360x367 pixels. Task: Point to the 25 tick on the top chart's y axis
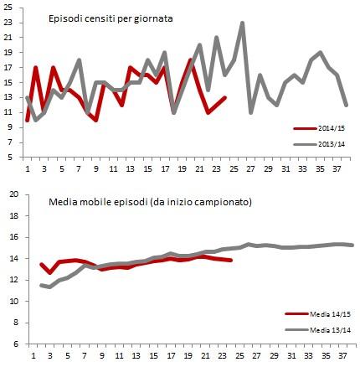(9, 8)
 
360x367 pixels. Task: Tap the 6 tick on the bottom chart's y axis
(12, 344)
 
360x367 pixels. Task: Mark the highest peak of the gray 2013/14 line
(243, 23)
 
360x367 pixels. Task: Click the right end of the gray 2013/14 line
(347, 105)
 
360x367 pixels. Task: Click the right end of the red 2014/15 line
(225, 97)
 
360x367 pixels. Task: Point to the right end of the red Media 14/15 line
(231, 260)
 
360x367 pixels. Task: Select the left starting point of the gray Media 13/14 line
(41, 285)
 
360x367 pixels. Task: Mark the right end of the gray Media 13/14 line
(352, 246)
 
